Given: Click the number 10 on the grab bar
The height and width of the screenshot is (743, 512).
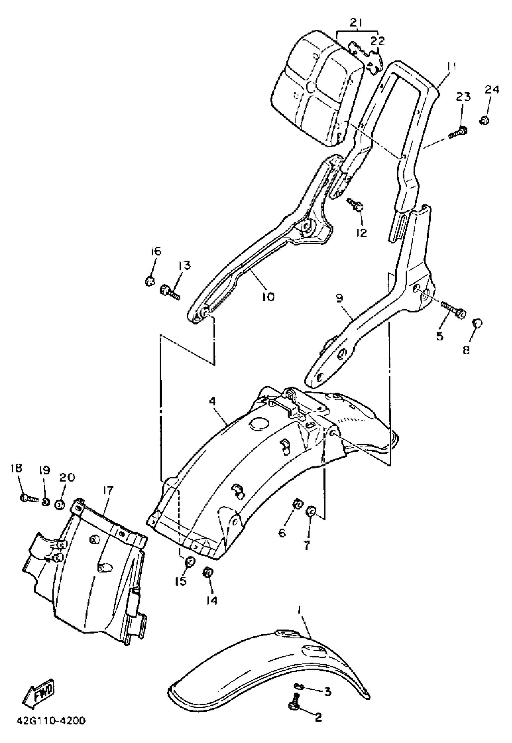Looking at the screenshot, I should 268,296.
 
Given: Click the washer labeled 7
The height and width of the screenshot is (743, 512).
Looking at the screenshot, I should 311,511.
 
